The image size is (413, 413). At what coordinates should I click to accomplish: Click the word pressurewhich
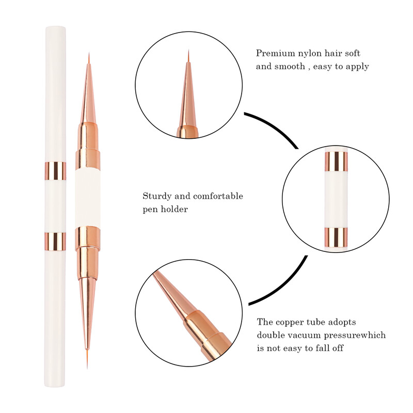pos(357,335)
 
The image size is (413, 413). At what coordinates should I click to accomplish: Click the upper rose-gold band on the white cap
pos(55,170)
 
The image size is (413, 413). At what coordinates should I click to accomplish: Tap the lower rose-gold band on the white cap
pos(55,241)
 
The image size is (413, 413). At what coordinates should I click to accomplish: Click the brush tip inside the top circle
pos(188,57)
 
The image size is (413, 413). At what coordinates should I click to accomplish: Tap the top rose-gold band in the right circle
pos(336,161)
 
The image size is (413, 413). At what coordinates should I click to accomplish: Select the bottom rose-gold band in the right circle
pos(336,236)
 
